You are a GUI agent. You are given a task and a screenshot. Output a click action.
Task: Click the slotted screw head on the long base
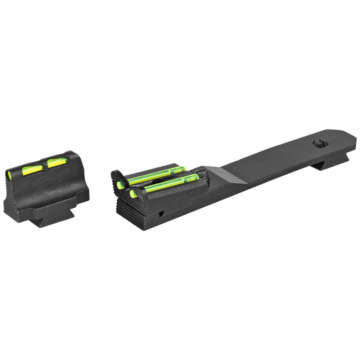pyautogui.click(x=320, y=143)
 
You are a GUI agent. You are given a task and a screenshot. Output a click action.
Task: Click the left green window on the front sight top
pyautogui.click(x=32, y=170)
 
